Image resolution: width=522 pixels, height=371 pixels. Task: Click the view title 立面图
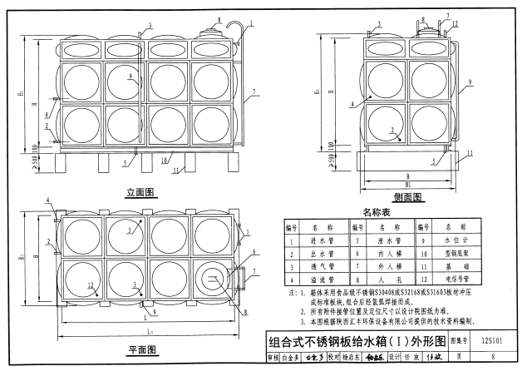(142, 193)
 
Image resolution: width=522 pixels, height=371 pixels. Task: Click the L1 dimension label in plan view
(148, 333)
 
